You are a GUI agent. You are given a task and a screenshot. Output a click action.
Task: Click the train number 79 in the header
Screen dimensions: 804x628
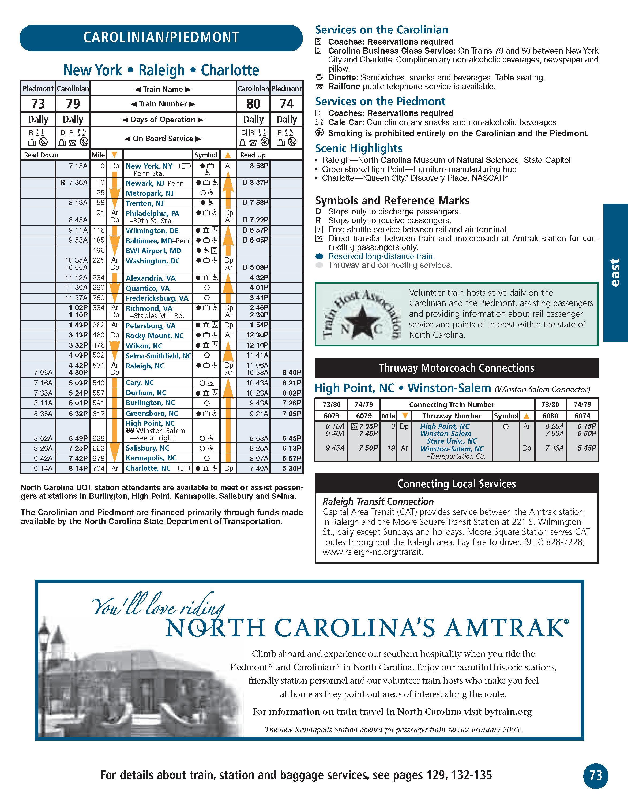click(73, 104)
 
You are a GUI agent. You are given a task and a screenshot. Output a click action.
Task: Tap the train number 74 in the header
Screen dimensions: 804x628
click(287, 104)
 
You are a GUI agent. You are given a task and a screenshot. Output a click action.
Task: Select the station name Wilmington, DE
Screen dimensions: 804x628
click(152, 231)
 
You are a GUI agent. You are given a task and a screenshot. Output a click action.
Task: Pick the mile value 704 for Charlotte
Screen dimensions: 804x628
click(99, 468)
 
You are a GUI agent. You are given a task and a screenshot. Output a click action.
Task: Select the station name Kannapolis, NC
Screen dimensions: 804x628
click(151, 458)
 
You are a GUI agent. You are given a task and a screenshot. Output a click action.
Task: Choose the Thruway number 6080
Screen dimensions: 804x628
click(550, 416)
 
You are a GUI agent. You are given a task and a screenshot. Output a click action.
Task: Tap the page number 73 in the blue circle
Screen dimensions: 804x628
click(596, 776)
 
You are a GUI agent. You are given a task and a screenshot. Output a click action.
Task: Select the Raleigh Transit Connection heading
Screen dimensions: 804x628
click(378, 501)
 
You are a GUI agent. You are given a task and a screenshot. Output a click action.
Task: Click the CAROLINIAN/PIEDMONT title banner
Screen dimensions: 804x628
click(161, 38)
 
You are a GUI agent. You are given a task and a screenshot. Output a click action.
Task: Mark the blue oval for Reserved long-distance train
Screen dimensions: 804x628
click(319, 256)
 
